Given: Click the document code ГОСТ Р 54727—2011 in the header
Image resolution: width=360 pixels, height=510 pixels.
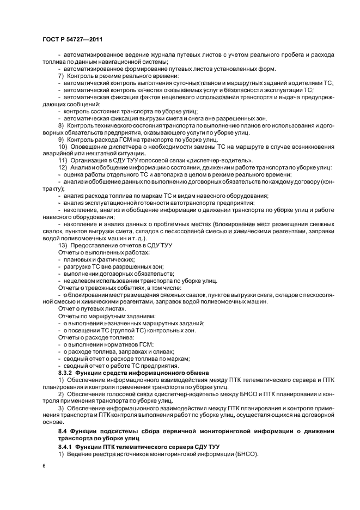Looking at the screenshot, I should click(x=72, y=39).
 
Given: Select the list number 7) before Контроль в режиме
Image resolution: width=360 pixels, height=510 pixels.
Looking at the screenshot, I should click(x=62, y=75).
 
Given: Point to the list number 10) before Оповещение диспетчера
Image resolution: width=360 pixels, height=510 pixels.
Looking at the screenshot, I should click(x=63, y=147).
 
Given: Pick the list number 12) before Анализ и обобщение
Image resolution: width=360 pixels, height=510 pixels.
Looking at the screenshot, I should click(x=63, y=168).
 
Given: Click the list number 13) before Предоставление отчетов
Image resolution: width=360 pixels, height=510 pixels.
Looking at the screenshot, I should click(x=63, y=246).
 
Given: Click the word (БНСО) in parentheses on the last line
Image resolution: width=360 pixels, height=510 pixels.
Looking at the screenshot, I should click(x=247, y=454).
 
